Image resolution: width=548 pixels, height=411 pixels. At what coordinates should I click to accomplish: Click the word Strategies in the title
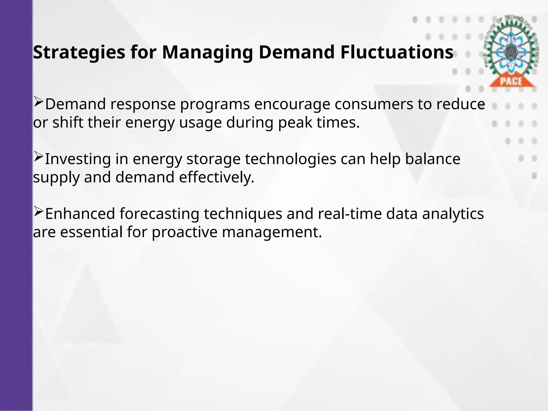79,53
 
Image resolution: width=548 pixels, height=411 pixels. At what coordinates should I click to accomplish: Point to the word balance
433,159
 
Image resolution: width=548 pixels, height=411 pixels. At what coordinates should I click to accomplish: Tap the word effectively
216,177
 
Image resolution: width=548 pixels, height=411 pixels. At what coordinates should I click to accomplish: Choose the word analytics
453,214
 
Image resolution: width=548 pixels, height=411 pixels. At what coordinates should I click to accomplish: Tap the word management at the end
272,232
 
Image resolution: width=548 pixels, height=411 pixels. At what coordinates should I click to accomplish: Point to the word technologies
291,159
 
